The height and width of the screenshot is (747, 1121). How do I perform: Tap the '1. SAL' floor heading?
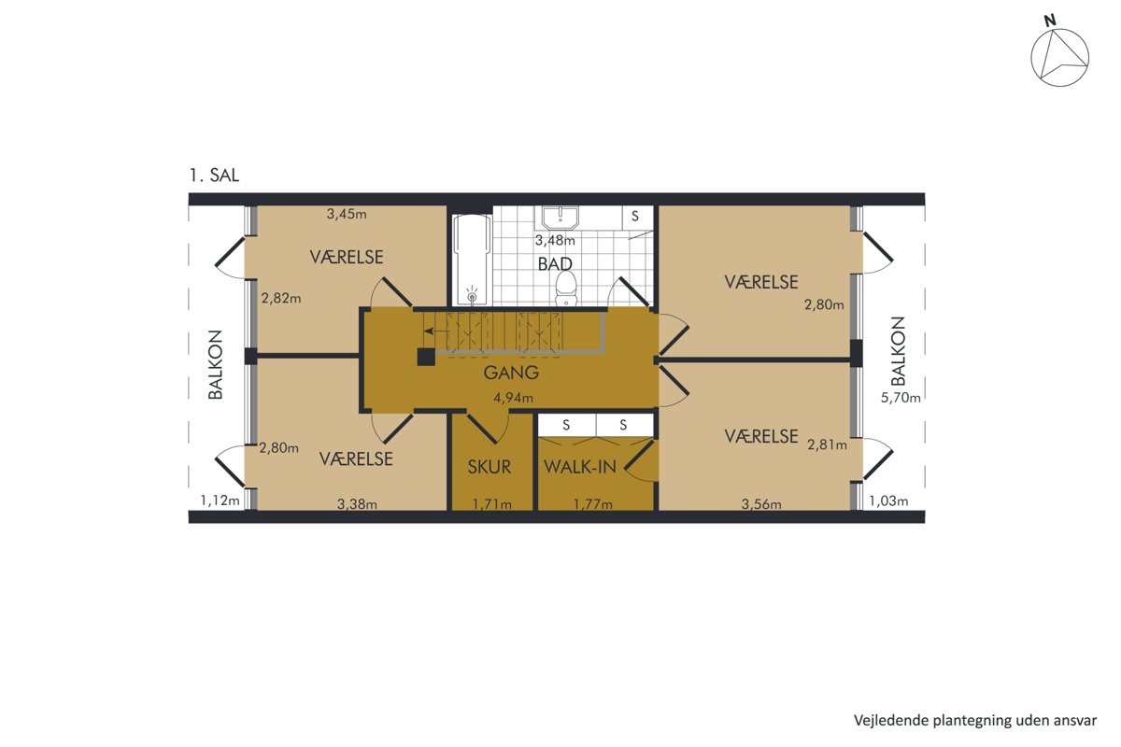[214, 176]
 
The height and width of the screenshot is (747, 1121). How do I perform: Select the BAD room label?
[555, 263]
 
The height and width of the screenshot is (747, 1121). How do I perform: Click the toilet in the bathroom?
[566, 289]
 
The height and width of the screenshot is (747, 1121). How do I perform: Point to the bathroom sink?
[560, 218]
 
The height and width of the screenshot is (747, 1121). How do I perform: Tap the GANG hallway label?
[511, 373]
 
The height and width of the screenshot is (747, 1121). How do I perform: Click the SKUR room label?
[490, 467]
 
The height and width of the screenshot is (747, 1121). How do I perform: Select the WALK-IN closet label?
[580, 467]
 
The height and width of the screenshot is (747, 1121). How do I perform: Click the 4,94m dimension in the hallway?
[513, 399]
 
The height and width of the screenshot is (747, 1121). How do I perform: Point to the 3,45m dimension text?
[347, 214]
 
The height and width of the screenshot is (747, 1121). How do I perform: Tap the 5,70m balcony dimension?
[901, 398]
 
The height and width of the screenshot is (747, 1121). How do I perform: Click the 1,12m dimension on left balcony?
[220, 500]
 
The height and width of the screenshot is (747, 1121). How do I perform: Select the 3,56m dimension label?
[761, 504]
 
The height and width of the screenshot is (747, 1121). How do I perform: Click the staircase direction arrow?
[436, 331]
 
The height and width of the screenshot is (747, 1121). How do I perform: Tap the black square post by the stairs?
[426, 358]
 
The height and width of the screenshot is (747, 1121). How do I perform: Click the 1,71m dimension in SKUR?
[492, 504]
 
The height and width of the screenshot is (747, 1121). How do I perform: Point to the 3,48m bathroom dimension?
[555, 241]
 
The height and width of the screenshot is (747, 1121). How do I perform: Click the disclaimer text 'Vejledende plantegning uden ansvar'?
[975, 721]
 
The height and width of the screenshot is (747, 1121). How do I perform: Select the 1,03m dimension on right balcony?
[888, 500]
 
